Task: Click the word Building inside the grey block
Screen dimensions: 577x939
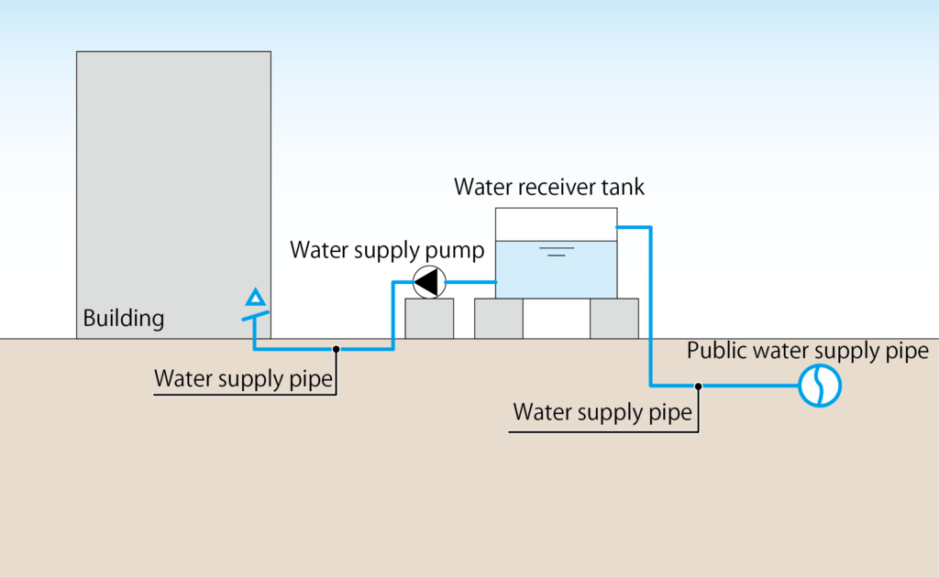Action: click(x=124, y=320)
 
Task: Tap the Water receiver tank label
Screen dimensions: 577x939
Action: click(x=549, y=188)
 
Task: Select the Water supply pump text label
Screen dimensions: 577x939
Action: click(x=387, y=250)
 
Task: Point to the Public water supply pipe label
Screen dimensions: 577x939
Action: click(x=807, y=351)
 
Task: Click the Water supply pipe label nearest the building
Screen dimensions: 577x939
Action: click(x=243, y=379)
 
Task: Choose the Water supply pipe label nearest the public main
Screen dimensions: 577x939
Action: click(x=602, y=413)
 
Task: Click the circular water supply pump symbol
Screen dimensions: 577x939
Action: click(x=428, y=283)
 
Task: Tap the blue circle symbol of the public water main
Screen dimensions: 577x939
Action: click(x=820, y=386)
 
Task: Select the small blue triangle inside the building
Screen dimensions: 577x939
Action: click(x=256, y=298)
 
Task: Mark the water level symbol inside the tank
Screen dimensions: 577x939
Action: click(x=557, y=250)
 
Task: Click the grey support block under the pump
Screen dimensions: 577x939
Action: click(x=429, y=319)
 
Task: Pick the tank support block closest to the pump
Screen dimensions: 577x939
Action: click(x=498, y=319)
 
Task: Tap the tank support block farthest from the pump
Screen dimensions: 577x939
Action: click(x=614, y=319)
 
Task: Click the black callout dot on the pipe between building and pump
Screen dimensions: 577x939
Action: click(x=337, y=349)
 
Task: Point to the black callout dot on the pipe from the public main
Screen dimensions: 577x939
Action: click(x=699, y=386)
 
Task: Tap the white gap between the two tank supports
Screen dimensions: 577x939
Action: click(x=557, y=319)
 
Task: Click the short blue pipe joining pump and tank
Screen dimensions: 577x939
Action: click(x=470, y=283)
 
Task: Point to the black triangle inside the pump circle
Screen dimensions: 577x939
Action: click(x=425, y=283)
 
